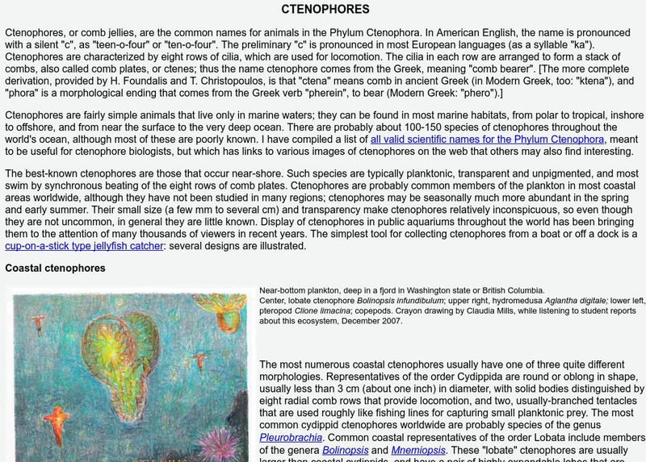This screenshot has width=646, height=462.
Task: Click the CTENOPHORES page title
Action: point(325,10)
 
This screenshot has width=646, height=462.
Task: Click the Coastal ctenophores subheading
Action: point(55,268)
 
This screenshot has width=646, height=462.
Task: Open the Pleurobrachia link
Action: point(291,438)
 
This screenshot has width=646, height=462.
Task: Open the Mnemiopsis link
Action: point(418,450)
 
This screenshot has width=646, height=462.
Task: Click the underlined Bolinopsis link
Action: point(346,450)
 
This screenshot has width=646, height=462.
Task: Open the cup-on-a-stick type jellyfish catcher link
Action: point(84,246)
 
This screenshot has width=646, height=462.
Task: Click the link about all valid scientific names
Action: point(487,139)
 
